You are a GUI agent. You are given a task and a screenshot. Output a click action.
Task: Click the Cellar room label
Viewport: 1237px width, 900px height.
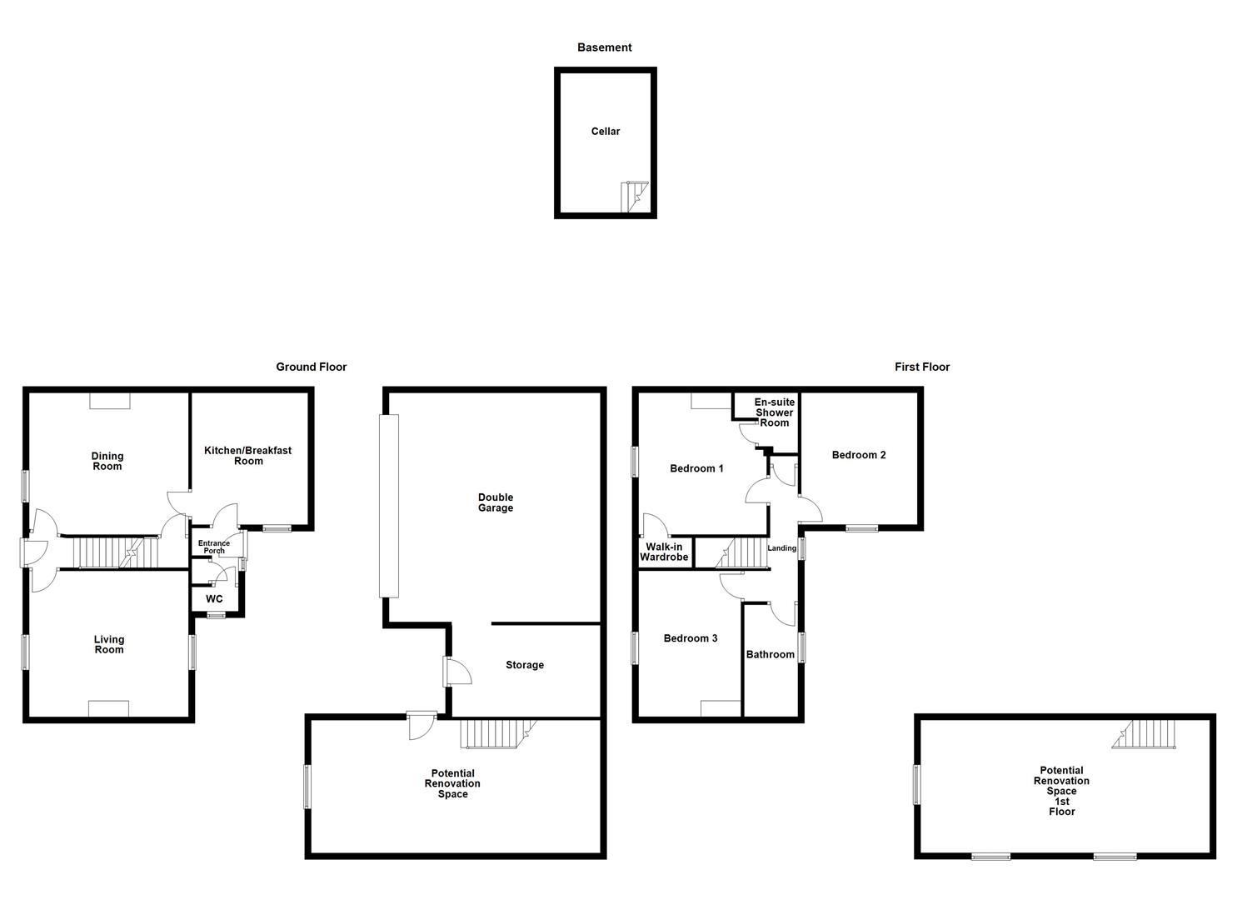pos(606,132)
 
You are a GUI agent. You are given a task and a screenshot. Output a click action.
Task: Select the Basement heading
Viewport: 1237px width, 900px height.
pos(605,47)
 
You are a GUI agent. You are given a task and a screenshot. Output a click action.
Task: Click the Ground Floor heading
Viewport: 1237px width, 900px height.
pos(312,367)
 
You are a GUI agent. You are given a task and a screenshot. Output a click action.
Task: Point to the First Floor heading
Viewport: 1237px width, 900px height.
pos(922,367)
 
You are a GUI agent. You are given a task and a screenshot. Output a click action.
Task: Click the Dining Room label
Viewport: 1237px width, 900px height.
pos(107,461)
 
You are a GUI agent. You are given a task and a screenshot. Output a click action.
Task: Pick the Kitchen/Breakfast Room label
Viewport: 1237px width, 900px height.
pos(248,456)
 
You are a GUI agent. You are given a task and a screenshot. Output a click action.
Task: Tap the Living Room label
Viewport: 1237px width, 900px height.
pos(109,644)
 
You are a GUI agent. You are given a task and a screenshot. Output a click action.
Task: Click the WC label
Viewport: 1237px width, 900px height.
pos(214,599)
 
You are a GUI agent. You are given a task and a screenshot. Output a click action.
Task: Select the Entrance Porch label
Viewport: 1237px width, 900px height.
pos(214,547)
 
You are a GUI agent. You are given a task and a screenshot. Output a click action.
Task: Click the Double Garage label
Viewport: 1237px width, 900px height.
pos(496,502)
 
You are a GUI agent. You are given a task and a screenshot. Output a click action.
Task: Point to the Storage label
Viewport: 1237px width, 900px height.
pos(525,665)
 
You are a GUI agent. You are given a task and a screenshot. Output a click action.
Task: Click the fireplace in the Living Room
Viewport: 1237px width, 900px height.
pos(109,708)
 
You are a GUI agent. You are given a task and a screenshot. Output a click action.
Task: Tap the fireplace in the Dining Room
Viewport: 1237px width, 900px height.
pos(110,402)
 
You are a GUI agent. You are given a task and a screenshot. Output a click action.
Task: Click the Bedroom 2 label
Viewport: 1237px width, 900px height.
pos(859,455)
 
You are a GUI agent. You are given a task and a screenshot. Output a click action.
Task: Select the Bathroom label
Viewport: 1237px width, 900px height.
pos(771,655)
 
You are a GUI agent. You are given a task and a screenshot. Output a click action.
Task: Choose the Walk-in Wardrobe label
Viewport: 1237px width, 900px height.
pos(664,552)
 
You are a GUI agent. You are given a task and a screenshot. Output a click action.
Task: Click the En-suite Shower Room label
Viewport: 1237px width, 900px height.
pos(775,412)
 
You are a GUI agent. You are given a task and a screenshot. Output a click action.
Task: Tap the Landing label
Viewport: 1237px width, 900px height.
pos(782,548)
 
